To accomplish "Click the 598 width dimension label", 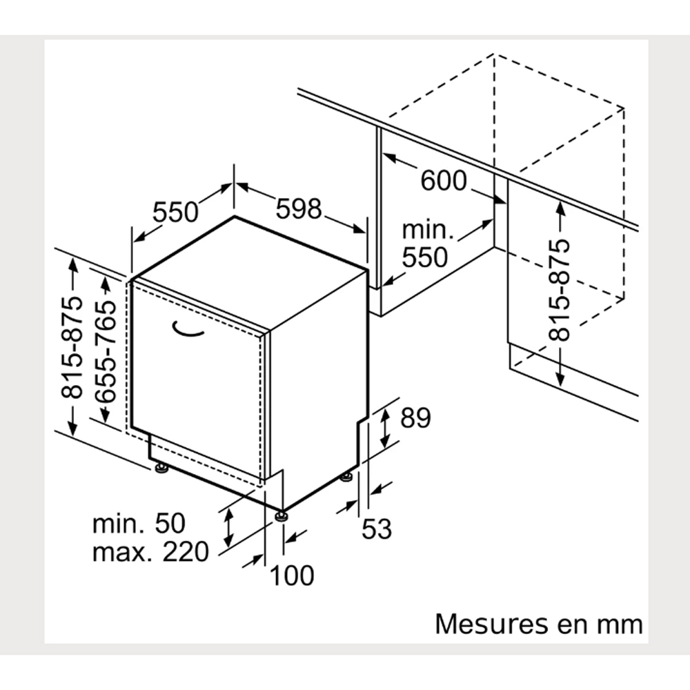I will click(299, 208).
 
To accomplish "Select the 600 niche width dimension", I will click(443, 181).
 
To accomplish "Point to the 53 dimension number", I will click(377, 529).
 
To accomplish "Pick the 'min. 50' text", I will click(139, 523).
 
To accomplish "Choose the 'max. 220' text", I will click(150, 552).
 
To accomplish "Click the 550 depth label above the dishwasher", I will click(175, 212).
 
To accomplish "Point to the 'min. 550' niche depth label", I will click(425, 244).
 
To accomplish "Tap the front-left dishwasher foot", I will click(161, 469).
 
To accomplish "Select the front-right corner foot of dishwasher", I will click(281, 515).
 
